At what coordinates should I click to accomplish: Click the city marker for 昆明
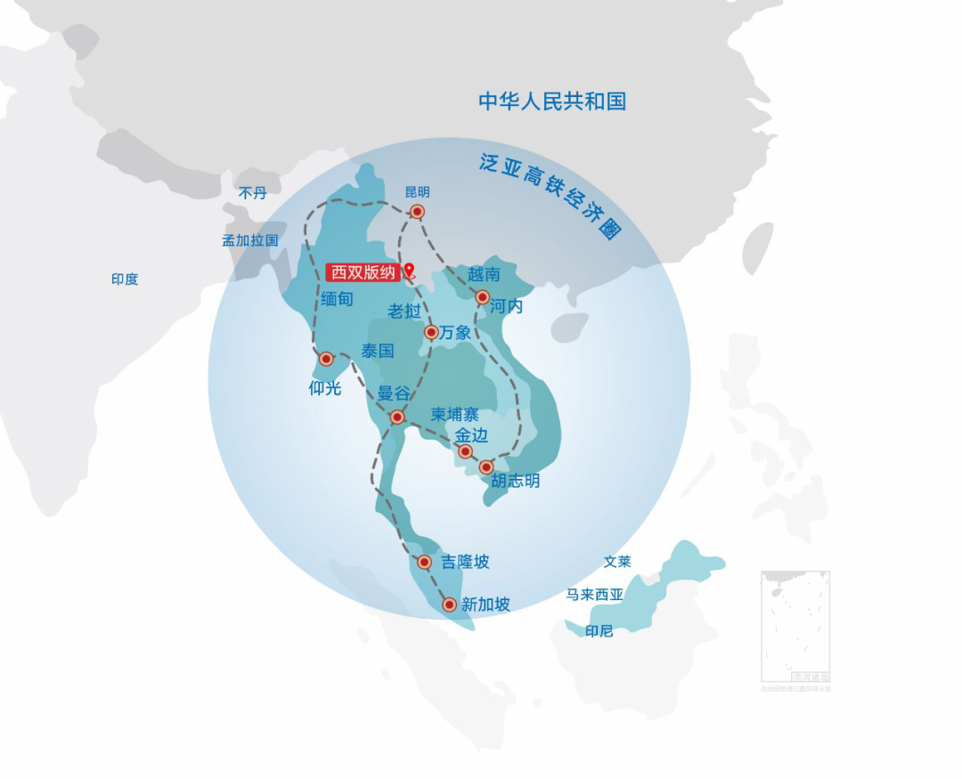[417, 212]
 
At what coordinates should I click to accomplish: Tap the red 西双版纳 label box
[363, 272]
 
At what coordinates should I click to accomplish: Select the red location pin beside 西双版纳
[409, 271]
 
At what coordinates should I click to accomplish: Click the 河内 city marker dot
[482, 297]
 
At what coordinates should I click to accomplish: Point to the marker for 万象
[431, 332]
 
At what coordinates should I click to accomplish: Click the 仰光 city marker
[326, 359]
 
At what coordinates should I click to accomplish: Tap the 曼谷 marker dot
[397, 417]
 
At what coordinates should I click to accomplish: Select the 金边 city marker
[465, 451]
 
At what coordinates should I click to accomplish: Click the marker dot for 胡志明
[486, 467]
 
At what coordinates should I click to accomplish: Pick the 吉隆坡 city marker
[424, 562]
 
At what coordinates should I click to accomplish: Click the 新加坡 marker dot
[450, 605]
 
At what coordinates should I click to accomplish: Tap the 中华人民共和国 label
[552, 101]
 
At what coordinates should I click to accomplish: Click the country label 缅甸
[338, 299]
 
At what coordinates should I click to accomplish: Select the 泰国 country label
[378, 351]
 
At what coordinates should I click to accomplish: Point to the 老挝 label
[404, 311]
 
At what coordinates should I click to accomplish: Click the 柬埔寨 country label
[454, 415]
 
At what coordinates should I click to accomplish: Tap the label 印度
[125, 280]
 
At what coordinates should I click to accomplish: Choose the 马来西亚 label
[594, 595]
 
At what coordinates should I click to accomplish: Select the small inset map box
[795, 627]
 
